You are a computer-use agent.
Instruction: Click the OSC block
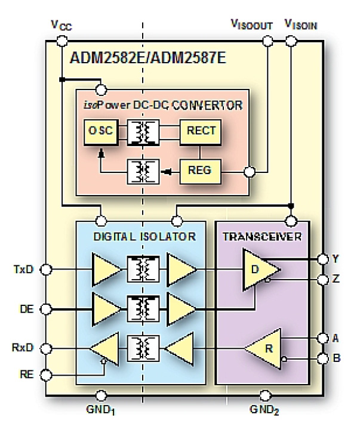[98, 132]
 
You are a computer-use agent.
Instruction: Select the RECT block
[201, 132]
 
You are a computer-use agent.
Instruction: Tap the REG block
[201, 171]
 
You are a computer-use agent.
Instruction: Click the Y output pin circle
[323, 259]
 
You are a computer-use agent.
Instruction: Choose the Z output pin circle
[323, 279]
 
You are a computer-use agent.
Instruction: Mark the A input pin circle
[323, 338]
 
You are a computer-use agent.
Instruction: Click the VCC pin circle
[61, 41]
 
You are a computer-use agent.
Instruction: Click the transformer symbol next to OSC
[142, 132]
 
